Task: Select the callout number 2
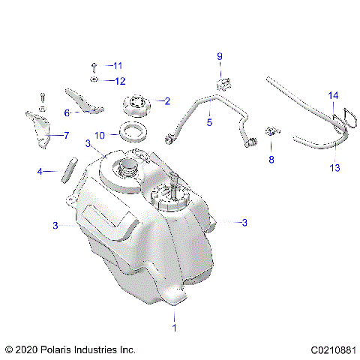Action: point(167,100)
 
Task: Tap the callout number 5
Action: point(210,121)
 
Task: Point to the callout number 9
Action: point(220,56)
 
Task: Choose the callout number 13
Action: point(334,169)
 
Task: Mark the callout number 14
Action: point(334,95)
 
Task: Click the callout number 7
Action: point(65,136)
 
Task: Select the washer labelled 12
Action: point(94,79)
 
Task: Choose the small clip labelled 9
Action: point(222,82)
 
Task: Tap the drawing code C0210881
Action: point(331,349)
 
